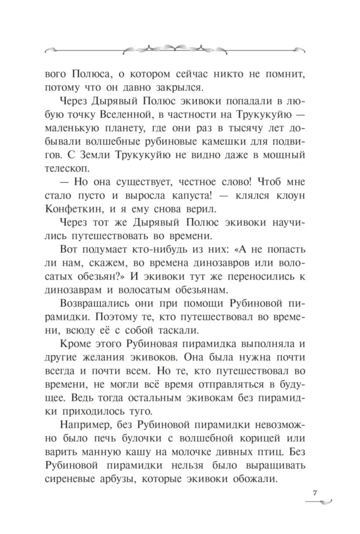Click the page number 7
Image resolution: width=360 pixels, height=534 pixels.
pyautogui.click(x=315, y=493)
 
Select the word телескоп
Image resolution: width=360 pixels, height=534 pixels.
pyautogui.click(x=67, y=168)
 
